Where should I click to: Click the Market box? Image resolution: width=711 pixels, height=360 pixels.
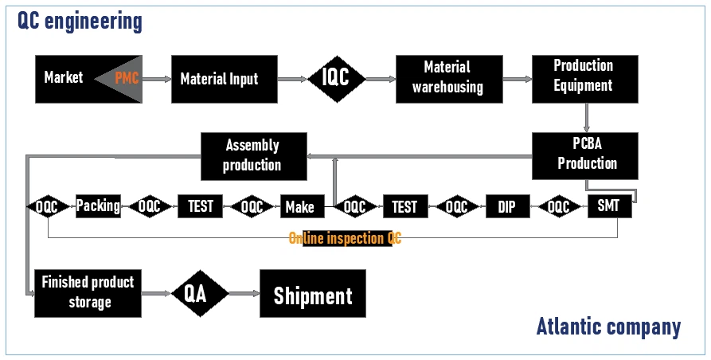(x=64, y=78)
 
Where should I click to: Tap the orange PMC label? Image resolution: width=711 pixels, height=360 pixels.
(x=127, y=78)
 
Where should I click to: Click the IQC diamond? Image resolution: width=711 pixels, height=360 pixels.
(x=336, y=78)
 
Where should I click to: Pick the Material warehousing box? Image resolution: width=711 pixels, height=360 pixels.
(x=448, y=78)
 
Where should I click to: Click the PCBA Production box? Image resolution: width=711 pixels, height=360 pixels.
(x=586, y=155)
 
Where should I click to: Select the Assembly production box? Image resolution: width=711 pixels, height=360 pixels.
(x=253, y=155)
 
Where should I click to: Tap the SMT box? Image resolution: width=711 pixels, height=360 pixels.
(x=609, y=207)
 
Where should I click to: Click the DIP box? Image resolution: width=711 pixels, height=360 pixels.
(x=507, y=207)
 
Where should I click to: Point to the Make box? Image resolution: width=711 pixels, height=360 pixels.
(x=299, y=207)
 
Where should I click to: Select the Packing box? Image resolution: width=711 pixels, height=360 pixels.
(x=98, y=206)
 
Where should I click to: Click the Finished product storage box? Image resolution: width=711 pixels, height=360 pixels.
(x=88, y=292)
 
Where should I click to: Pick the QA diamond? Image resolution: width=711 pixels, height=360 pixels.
(x=200, y=293)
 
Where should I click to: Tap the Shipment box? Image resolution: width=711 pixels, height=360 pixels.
(x=313, y=294)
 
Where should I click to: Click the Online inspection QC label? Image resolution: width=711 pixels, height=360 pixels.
(x=346, y=238)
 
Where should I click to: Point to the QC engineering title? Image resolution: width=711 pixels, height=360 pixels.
(x=80, y=21)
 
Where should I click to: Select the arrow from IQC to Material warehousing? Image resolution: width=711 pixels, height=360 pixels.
(x=381, y=79)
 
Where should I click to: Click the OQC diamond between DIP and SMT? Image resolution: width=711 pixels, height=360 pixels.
(x=558, y=207)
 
